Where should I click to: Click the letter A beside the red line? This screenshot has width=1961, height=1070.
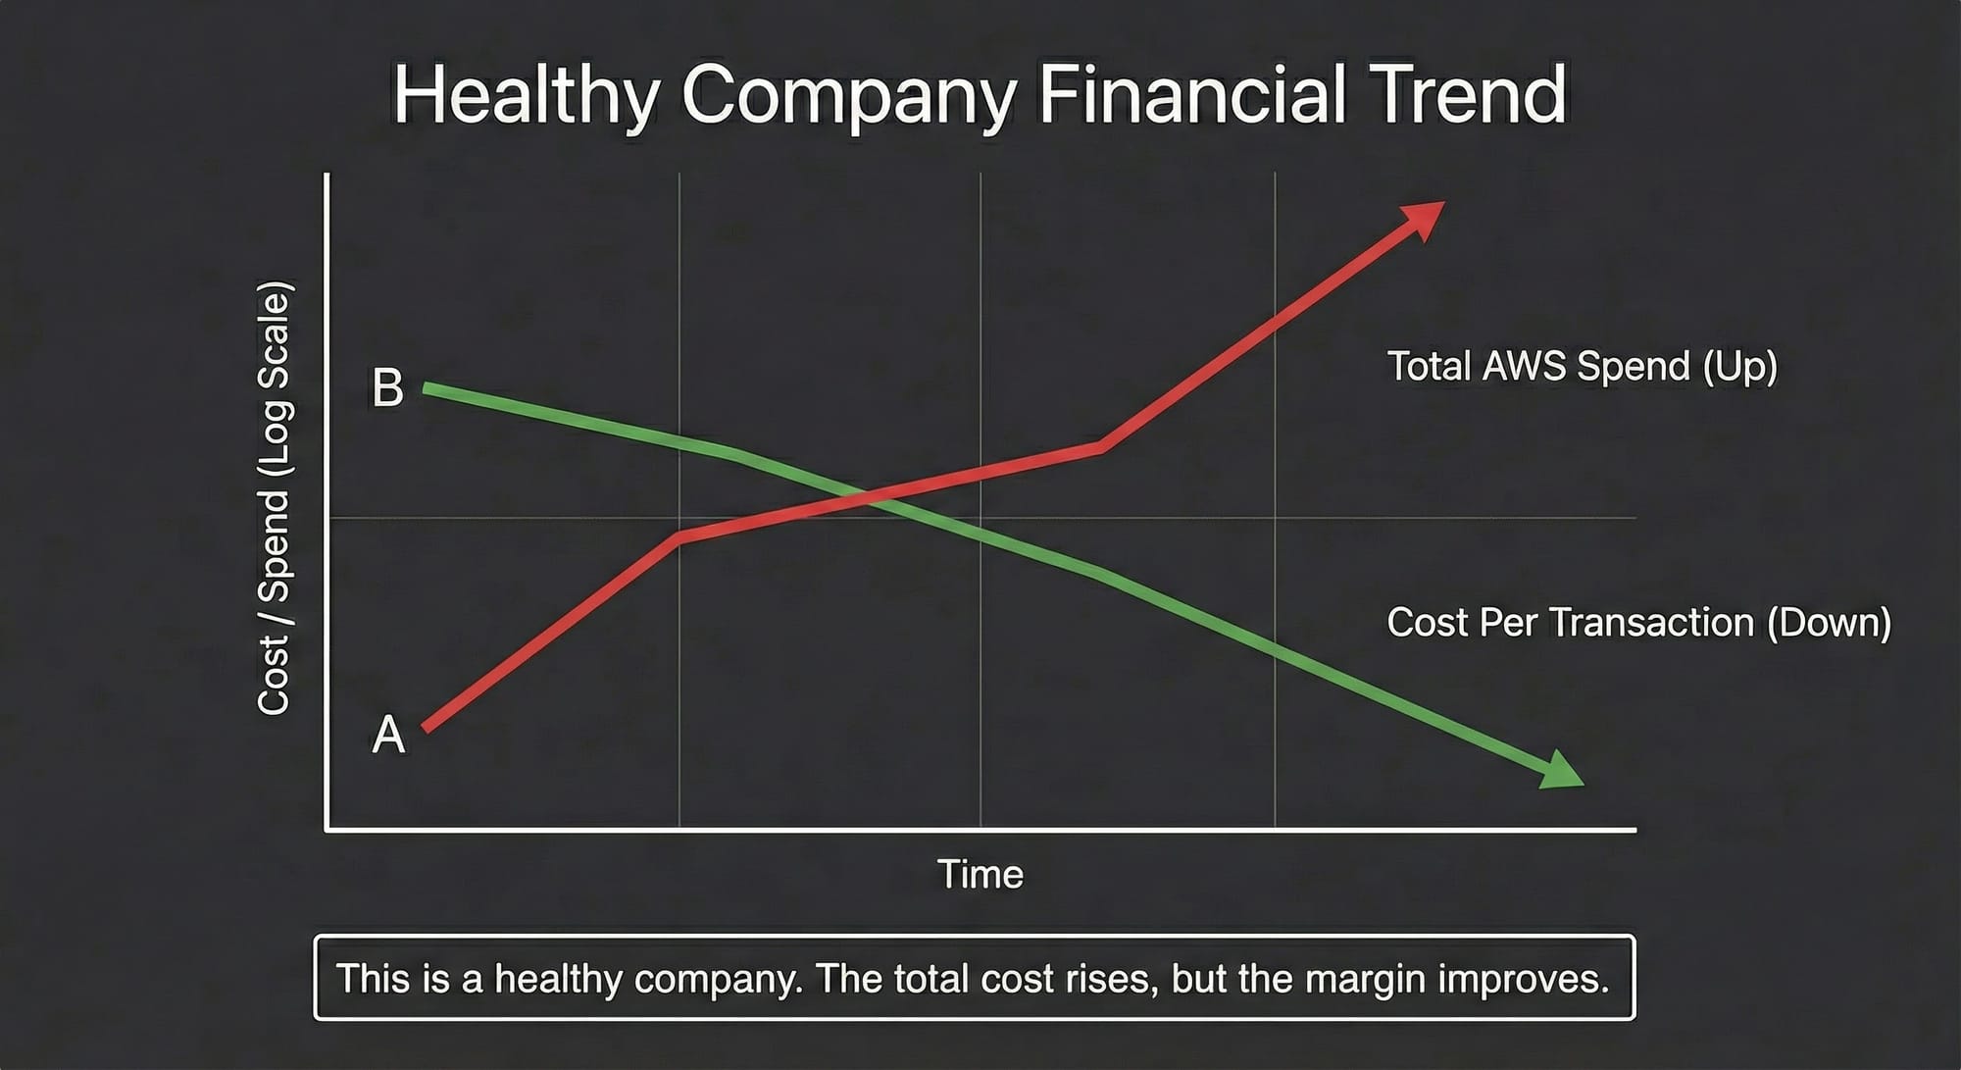[388, 734]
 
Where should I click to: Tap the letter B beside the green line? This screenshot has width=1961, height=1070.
[387, 387]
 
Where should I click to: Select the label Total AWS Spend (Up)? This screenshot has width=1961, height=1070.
[1582, 366]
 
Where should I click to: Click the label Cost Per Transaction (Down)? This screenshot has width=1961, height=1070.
[1638, 623]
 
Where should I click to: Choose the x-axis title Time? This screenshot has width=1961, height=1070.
[980, 874]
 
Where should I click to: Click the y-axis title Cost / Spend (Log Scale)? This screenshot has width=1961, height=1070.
[274, 498]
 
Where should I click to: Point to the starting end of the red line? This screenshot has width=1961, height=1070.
[425, 729]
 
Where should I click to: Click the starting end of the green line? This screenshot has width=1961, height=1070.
[425, 388]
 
